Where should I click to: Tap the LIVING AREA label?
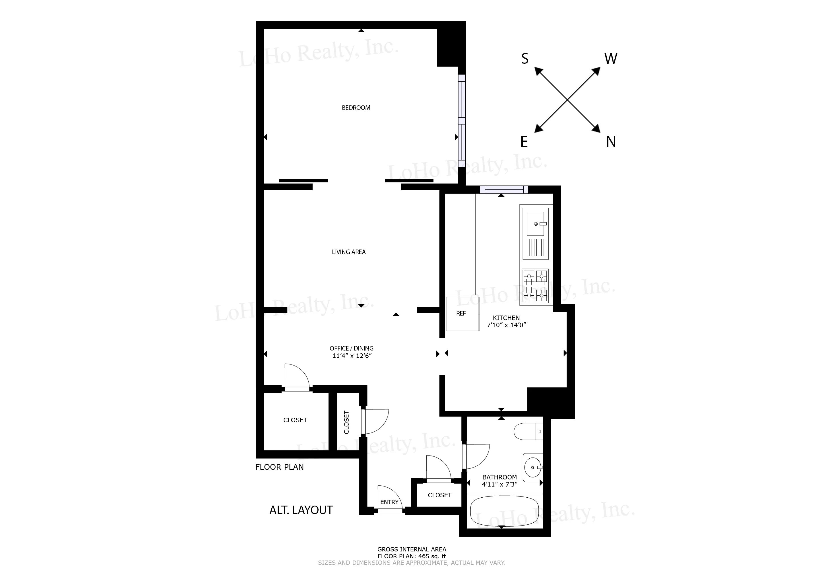pos(348,252)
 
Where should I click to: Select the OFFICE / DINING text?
pos(351,348)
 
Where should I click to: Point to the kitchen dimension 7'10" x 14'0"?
pos(506,325)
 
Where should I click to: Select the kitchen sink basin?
pos(535,224)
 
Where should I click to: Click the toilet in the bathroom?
pos(527,432)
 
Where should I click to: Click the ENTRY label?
pos(389,502)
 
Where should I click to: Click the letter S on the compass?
pos(525,59)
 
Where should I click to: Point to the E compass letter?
pos(524,142)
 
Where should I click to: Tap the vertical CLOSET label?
pos(346,422)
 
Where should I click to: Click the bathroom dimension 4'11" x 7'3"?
pos(499,484)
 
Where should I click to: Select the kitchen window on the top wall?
pos(504,189)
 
